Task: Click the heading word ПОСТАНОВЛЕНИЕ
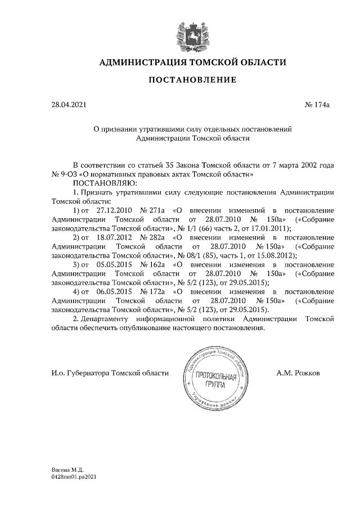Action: click(x=192, y=80)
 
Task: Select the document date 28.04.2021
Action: click(x=68, y=103)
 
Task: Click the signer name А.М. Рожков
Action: click(x=298, y=373)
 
